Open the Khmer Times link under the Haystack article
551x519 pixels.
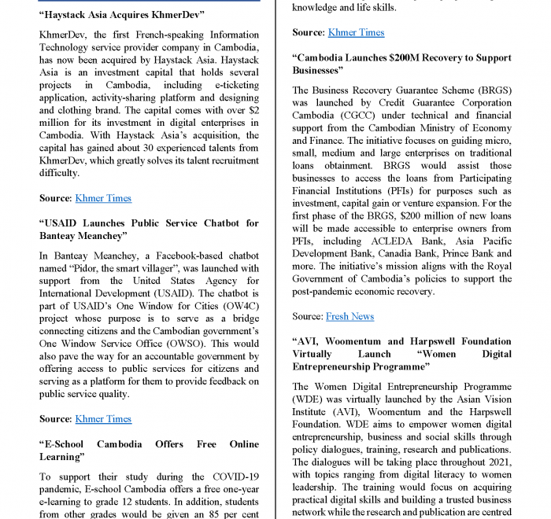103,198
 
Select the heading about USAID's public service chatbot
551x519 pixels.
149,229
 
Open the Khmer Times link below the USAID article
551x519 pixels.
103,419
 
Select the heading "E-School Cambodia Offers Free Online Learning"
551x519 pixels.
149,450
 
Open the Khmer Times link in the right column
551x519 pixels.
356,32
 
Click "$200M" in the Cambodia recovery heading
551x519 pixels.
406,57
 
